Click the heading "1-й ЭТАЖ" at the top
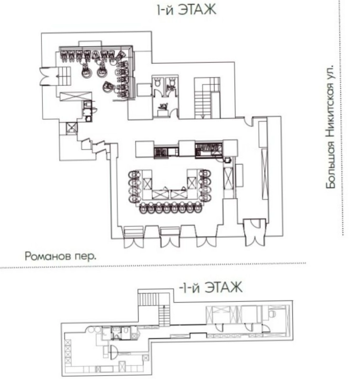186,10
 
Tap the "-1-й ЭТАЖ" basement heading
210,287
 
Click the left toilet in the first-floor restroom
157,82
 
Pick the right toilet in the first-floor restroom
172,82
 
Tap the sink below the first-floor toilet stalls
163,107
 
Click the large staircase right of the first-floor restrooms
207,98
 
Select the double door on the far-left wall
48,77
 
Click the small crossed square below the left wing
72,128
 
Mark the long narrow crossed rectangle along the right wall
265,174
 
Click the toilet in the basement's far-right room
272,314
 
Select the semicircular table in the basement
114,352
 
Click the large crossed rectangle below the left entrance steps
76,97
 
